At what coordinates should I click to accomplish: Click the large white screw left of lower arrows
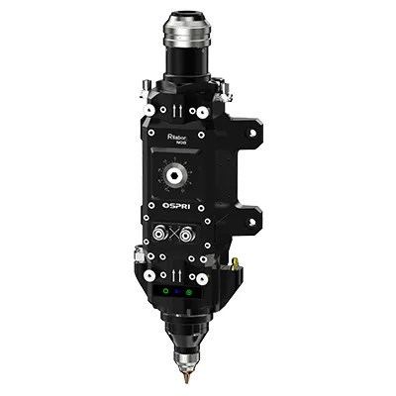[x=146, y=273]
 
